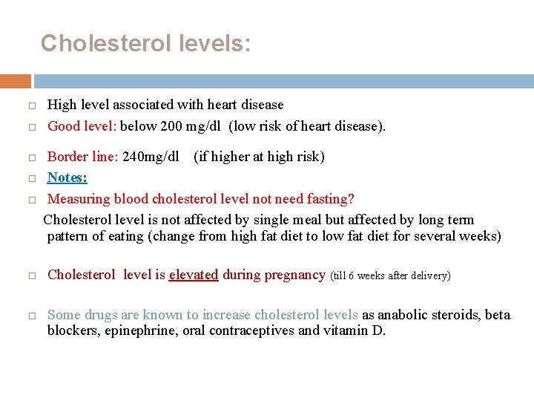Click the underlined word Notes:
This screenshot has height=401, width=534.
point(67,177)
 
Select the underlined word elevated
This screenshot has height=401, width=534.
point(194,275)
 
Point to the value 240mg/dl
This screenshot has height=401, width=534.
point(151,157)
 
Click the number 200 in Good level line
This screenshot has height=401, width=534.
point(171,125)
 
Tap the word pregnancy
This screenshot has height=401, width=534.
point(294,275)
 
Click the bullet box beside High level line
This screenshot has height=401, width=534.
point(32,105)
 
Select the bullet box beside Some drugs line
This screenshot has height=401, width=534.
point(32,316)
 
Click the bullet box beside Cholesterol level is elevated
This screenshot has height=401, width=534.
point(32,276)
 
